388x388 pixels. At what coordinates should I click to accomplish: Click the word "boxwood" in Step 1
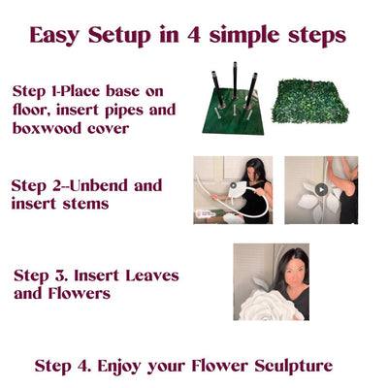[x=48, y=126]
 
